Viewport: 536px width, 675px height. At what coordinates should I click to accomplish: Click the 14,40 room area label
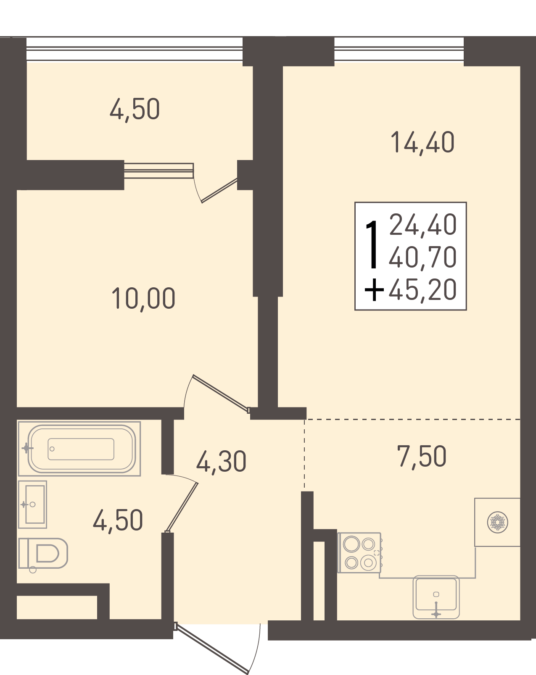coord(422,142)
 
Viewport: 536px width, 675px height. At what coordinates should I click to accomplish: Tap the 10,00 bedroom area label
coord(143,298)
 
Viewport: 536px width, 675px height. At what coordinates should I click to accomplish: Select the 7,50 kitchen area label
coord(421,456)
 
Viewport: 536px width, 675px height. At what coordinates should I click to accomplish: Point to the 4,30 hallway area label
coord(221,461)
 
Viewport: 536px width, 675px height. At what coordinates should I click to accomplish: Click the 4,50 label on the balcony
coord(135,109)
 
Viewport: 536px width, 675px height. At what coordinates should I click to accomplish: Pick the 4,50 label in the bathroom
coord(118,520)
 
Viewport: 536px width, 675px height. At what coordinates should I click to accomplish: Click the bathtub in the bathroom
coord(79,449)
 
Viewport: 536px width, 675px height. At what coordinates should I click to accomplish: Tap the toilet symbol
coord(43,554)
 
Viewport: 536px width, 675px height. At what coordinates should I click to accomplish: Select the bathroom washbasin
coord(32,504)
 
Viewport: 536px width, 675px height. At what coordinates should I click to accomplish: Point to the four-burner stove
coord(360,553)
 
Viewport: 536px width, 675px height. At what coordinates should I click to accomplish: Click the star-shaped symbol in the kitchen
coord(497,523)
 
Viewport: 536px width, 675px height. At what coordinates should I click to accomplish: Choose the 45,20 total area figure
coord(422,289)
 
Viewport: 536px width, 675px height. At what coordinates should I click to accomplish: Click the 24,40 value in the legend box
coord(422,224)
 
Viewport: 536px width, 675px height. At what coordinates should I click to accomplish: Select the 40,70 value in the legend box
coord(422,257)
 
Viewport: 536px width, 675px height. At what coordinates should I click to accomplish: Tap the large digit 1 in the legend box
coord(372,244)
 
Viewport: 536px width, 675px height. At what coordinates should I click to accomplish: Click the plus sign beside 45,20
coord(374,290)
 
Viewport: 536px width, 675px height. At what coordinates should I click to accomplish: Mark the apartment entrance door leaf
coord(212,650)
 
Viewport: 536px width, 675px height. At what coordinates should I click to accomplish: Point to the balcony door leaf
coord(219,190)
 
